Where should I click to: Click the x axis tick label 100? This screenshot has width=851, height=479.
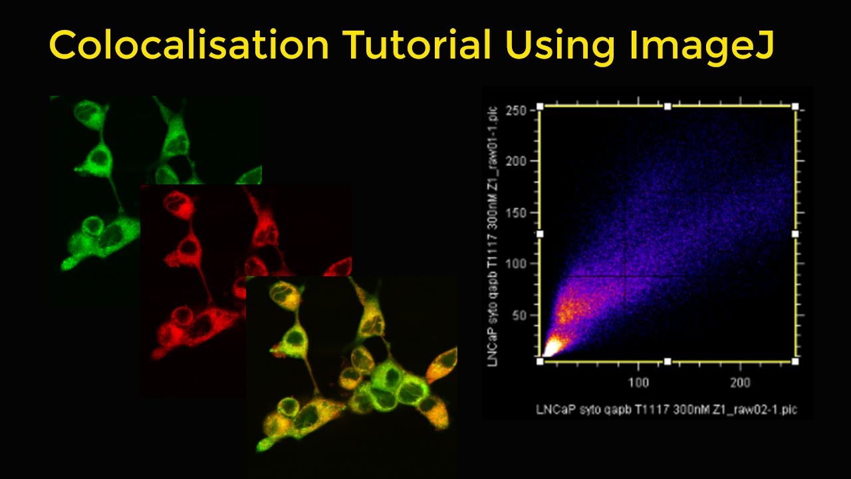638,383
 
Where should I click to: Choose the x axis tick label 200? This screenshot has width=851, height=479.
740,383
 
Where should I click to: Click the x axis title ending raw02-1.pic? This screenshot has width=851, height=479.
666,410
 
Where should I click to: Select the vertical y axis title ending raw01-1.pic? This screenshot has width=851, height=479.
493,234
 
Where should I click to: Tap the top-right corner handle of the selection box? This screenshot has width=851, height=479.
795,106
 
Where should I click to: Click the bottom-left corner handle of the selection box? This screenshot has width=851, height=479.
540,361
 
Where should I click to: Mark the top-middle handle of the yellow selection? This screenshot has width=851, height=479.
668,106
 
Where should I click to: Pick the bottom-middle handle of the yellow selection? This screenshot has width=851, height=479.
668,361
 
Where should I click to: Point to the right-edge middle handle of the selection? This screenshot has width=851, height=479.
795,234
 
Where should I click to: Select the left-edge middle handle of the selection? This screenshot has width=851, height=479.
540,234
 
